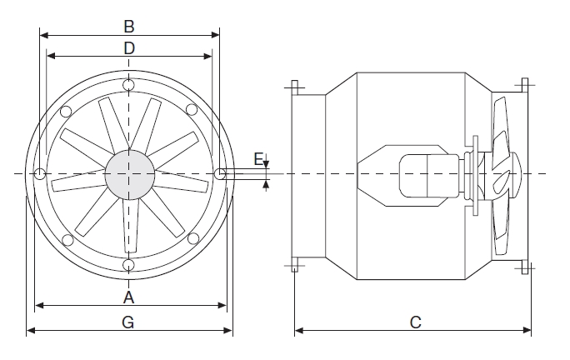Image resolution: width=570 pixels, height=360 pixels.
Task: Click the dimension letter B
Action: tap(128, 24)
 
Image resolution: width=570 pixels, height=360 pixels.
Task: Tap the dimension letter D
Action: tap(128, 47)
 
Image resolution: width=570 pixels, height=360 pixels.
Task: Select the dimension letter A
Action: tap(128, 297)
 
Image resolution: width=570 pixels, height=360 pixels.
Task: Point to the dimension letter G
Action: tap(128, 322)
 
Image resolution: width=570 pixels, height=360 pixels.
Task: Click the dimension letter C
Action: tap(415, 322)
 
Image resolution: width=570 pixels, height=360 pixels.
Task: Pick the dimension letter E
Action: tap(258, 157)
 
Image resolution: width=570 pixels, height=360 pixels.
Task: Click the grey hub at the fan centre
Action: tap(129, 173)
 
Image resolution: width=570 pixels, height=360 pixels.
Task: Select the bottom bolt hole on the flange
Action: tap(128, 264)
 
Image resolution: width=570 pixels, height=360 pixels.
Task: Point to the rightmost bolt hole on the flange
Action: tap(218, 173)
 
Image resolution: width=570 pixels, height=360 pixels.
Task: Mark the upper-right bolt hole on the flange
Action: tap(192, 109)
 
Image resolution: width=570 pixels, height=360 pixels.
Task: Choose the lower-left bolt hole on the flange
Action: tap(65, 238)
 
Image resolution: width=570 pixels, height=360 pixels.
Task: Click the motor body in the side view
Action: tap(425, 174)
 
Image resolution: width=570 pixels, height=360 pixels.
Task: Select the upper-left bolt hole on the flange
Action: tap(65, 109)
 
